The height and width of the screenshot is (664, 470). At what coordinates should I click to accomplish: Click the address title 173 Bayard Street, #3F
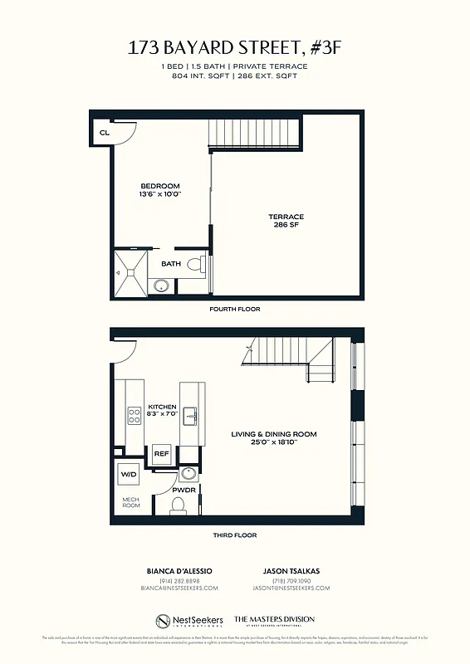click(x=234, y=48)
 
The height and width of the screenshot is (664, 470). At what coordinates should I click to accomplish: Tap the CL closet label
click(x=105, y=132)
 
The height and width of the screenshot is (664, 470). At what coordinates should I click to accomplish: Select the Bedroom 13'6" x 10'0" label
click(x=160, y=189)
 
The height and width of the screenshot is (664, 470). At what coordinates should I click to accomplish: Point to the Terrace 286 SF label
click(x=287, y=221)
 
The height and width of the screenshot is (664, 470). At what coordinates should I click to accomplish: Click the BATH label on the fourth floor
click(x=171, y=264)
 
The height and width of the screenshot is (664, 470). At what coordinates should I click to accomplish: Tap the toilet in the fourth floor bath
click(x=195, y=266)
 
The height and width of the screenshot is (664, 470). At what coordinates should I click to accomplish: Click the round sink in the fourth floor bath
click(x=161, y=286)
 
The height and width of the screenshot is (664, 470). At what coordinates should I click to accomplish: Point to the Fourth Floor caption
click(x=235, y=309)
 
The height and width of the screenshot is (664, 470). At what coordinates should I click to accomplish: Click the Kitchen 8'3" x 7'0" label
click(x=163, y=410)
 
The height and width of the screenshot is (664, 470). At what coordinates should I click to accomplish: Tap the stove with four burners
click(x=133, y=415)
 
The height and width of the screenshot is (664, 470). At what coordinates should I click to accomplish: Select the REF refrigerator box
click(x=161, y=454)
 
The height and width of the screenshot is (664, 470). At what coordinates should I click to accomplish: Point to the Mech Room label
click(x=130, y=503)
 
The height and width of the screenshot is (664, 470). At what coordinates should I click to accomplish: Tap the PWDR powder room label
click(x=183, y=490)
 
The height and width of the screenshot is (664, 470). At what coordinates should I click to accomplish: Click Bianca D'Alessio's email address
click(x=179, y=588)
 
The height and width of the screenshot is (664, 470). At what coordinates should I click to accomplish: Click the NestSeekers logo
click(x=189, y=621)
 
